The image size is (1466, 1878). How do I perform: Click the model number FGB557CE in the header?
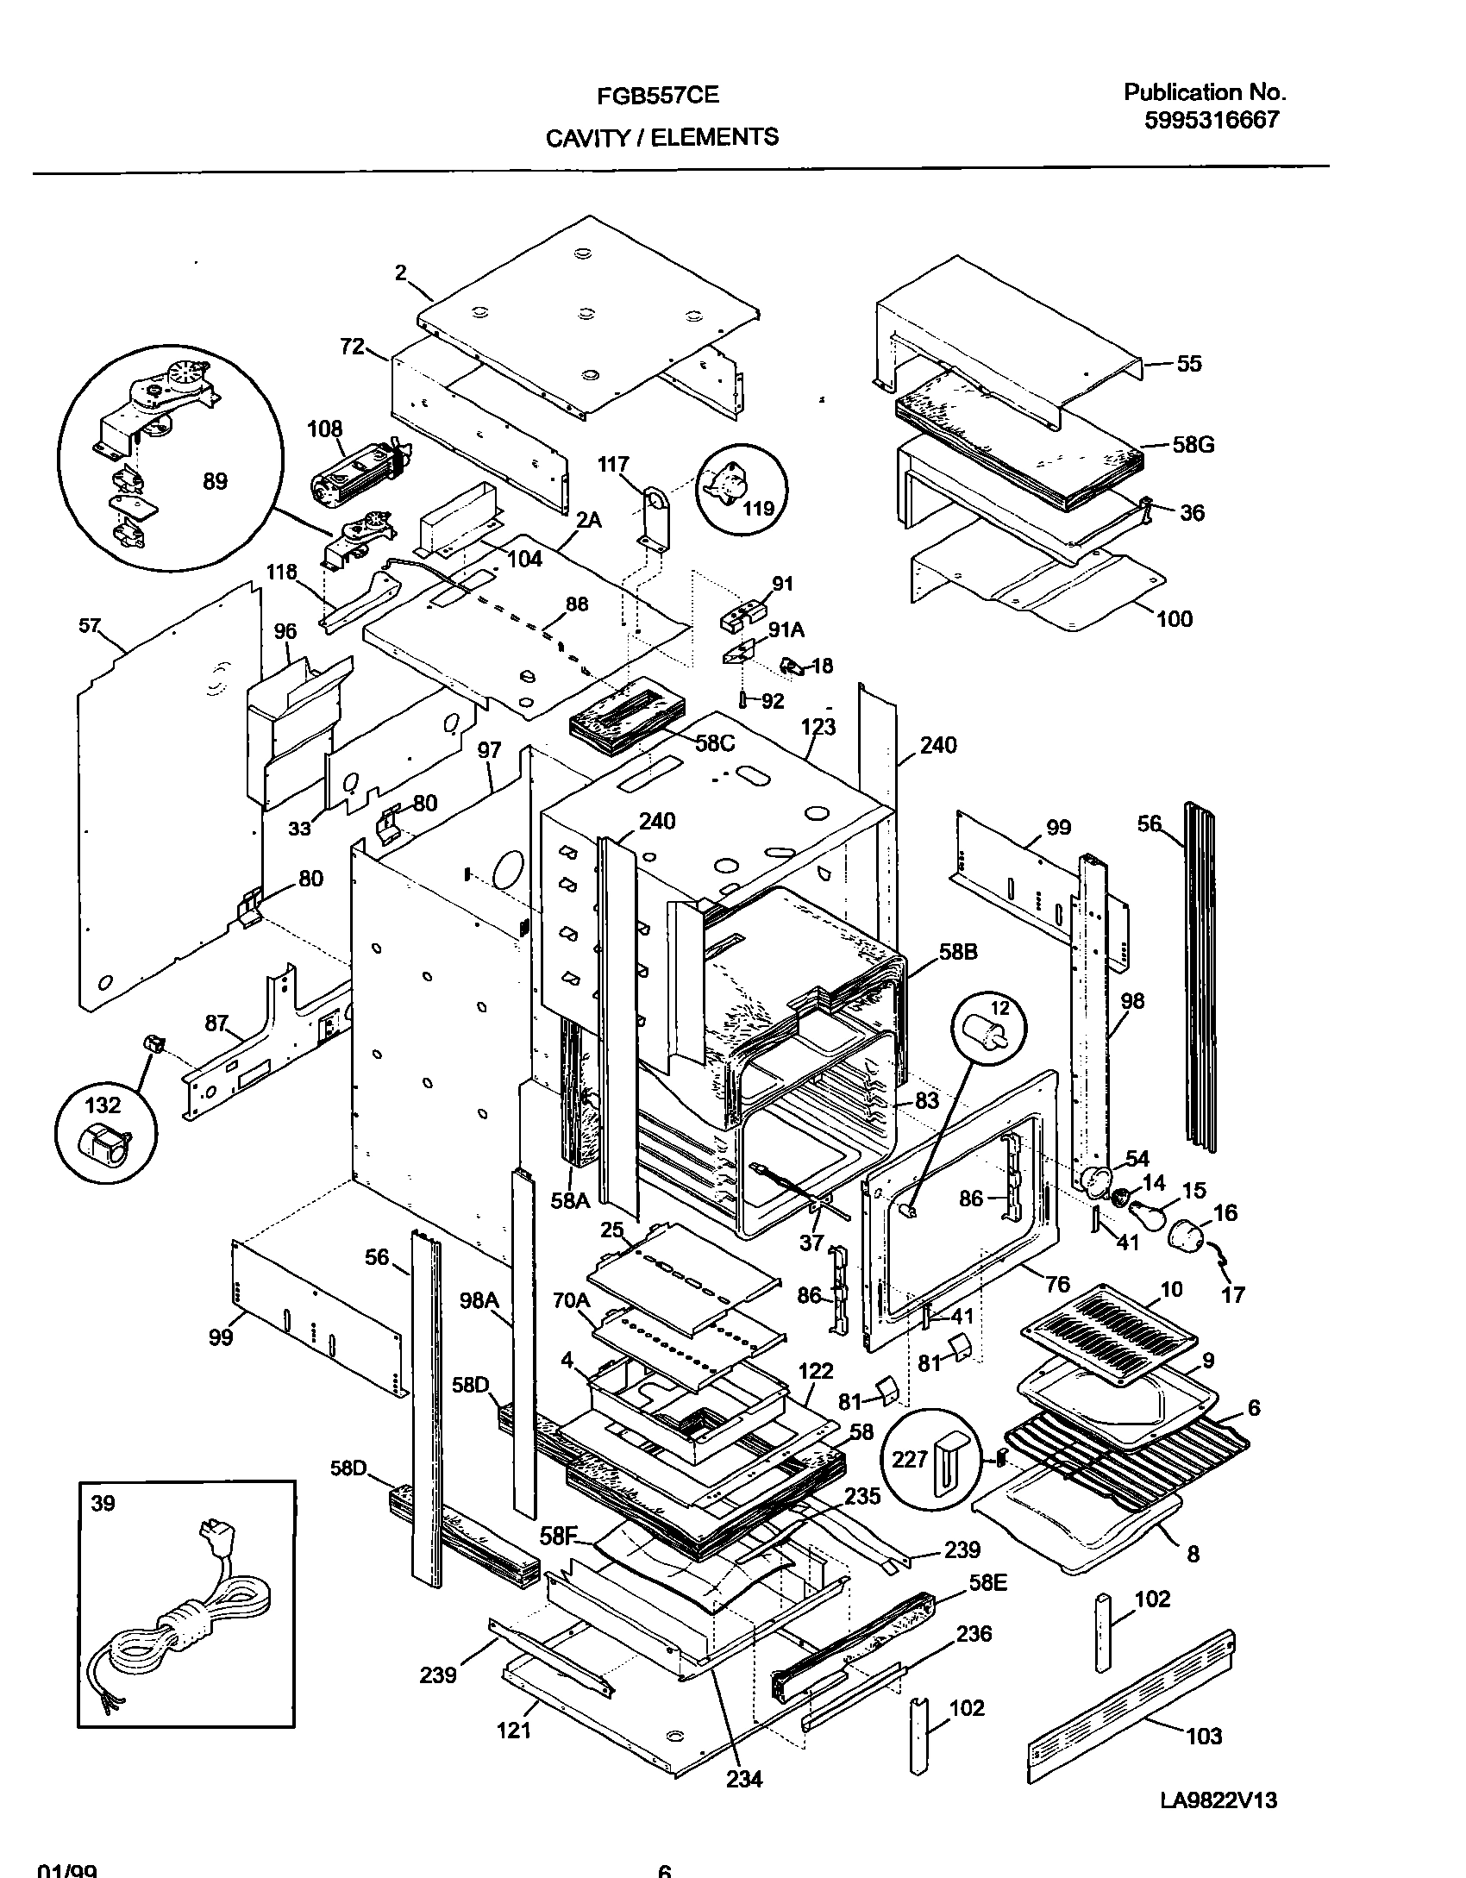pyautogui.click(x=657, y=96)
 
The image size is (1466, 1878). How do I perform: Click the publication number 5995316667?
pyautogui.click(x=1211, y=121)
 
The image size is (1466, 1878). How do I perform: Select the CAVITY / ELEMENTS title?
pyautogui.click(x=661, y=137)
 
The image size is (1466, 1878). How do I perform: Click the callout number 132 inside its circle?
pyautogui.click(x=103, y=1105)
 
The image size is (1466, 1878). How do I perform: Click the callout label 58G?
pyautogui.click(x=1193, y=445)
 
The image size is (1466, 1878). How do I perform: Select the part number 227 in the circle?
pyautogui.click(x=910, y=1459)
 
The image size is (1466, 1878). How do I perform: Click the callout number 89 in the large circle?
pyautogui.click(x=215, y=481)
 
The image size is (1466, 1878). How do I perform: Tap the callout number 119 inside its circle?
pyautogui.click(x=758, y=509)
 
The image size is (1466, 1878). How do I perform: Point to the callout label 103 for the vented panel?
pyautogui.click(x=1204, y=1735)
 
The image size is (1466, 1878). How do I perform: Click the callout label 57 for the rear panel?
pyautogui.click(x=90, y=625)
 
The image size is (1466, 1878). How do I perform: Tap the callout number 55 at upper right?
pyautogui.click(x=1188, y=364)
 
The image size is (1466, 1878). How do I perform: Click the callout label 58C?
pyautogui.click(x=714, y=743)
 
